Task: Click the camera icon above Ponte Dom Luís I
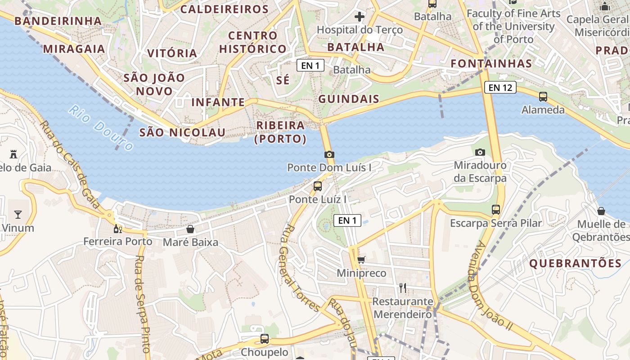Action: (x=329, y=154)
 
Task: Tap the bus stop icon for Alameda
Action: (x=543, y=96)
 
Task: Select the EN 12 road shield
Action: (x=500, y=87)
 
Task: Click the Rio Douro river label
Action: (x=102, y=128)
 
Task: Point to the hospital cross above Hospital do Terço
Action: (x=360, y=17)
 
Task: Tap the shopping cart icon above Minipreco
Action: (x=361, y=260)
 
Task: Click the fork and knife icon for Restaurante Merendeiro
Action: (x=403, y=288)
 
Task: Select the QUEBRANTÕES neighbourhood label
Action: (x=576, y=264)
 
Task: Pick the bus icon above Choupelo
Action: (x=265, y=339)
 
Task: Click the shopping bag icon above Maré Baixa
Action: (x=190, y=229)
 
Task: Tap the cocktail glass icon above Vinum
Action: (x=18, y=214)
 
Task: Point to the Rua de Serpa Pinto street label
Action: (x=143, y=304)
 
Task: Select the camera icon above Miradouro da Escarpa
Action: (x=480, y=152)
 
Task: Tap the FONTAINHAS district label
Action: (x=491, y=63)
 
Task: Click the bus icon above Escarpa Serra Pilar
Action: (x=496, y=209)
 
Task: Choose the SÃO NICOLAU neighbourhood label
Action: (x=182, y=132)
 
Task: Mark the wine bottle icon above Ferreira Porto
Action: (x=118, y=229)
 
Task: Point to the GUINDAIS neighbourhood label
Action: (x=349, y=99)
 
